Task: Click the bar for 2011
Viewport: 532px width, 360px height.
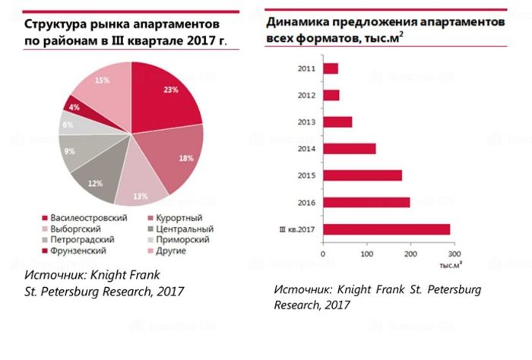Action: [x=331, y=68]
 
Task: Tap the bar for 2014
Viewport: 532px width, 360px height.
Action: [x=350, y=148]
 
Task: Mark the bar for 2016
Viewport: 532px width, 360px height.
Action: [x=366, y=202]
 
